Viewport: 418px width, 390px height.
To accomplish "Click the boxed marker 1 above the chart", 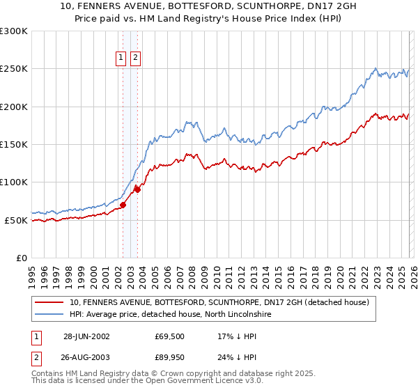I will tap(121, 58).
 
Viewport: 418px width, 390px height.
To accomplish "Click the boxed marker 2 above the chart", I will tap(134, 58).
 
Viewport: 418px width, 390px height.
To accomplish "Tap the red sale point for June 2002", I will tap(123, 205).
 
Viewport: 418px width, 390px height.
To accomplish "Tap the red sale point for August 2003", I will tap(137, 189).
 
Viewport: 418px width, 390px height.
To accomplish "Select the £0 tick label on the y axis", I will tap(22, 258).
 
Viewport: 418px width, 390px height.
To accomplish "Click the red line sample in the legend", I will tap(49, 303).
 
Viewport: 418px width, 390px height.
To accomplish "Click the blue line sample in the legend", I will tap(49, 315).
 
